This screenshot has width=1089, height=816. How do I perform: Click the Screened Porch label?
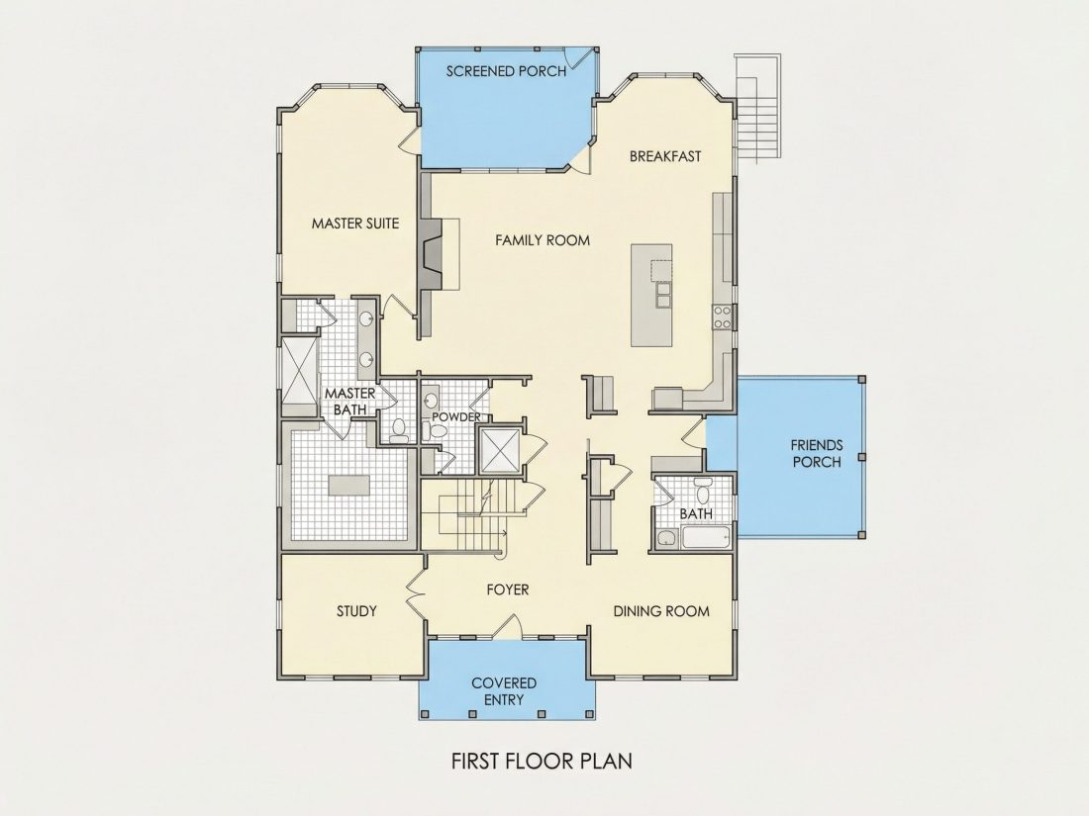point(506,71)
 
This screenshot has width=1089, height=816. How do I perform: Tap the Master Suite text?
point(354,224)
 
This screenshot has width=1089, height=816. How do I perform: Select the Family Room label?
point(543,240)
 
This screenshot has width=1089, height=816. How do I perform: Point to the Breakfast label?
point(665,156)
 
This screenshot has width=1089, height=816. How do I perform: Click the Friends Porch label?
point(817,453)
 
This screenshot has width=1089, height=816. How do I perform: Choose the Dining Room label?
point(661,611)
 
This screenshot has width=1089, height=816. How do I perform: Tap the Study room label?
point(356,611)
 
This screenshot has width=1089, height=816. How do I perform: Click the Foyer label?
point(508,589)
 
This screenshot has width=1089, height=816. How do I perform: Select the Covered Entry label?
point(504,691)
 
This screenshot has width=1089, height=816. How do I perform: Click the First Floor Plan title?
point(542,761)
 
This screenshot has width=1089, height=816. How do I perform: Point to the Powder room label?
point(456,417)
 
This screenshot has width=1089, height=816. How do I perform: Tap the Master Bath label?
point(350,402)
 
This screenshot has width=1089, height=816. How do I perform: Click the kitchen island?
point(651,295)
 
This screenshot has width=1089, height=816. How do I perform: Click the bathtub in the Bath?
point(706,538)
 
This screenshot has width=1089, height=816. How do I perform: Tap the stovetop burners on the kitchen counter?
point(723,317)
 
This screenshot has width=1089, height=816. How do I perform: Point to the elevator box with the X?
point(499,451)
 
